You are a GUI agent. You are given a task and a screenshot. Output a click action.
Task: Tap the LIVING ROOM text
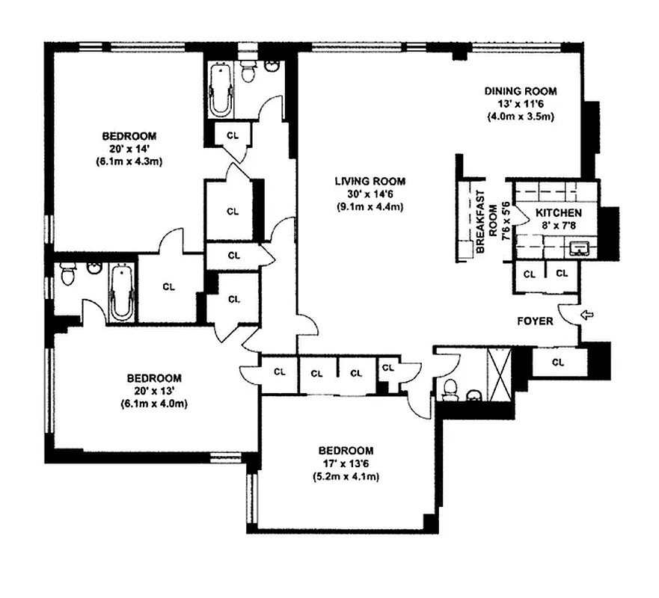pos(370,181)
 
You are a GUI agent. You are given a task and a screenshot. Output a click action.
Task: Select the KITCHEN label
pos(558,213)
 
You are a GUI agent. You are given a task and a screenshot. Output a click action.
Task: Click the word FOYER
pos(536,321)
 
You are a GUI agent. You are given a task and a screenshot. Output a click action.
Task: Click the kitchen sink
pos(577,248)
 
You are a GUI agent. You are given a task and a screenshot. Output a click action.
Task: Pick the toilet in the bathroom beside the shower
pos(450,389)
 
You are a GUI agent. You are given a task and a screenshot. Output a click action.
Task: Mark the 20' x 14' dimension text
pos(129,149)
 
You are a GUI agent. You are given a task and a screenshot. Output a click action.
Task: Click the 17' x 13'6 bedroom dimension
pos(346,463)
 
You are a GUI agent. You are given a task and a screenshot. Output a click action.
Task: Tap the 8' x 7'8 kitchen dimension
pos(559,226)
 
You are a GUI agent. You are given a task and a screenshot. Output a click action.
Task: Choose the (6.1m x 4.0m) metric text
pos(153,404)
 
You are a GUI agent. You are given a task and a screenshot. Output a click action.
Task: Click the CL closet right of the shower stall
pos(557,363)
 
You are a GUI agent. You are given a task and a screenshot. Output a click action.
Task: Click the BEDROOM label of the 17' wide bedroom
pos(346,450)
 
